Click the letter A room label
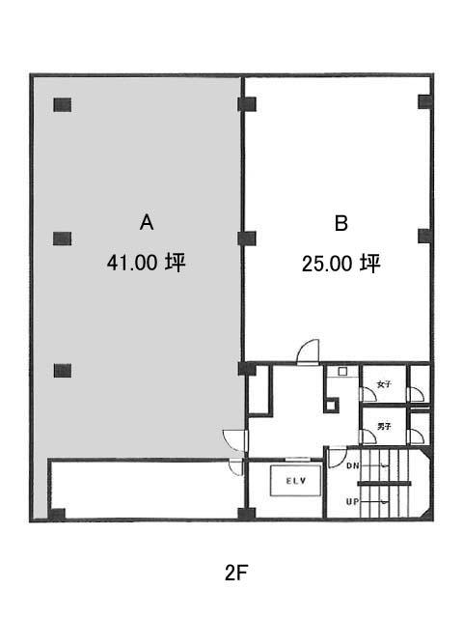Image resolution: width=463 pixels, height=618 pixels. point(147,222)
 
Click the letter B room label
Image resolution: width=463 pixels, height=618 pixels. point(340,223)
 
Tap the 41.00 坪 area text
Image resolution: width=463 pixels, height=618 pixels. point(146,262)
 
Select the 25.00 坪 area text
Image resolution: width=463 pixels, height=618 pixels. point(340,264)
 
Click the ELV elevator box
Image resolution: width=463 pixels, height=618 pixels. point(295,481)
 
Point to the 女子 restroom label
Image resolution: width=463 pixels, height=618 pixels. point(384,384)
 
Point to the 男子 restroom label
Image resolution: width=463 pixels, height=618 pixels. point(384,426)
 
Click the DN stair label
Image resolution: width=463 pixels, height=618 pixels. point(353,465)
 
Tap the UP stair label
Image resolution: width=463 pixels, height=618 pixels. point(353,502)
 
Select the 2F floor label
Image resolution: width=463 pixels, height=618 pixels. point(235,573)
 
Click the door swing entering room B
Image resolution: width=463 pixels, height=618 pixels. point(309,351)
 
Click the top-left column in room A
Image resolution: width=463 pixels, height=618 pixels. point(62,105)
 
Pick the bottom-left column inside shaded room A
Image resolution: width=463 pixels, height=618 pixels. point(62,371)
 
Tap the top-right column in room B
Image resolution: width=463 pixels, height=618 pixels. point(424,101)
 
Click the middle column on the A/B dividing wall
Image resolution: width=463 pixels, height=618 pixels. point(247,239)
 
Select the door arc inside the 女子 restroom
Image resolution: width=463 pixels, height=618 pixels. point(368,395)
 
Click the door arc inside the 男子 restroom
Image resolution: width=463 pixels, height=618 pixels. point(368,436)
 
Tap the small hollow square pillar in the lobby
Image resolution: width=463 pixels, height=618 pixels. point(331,406)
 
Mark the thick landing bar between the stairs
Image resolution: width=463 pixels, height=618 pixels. point(384,484)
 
